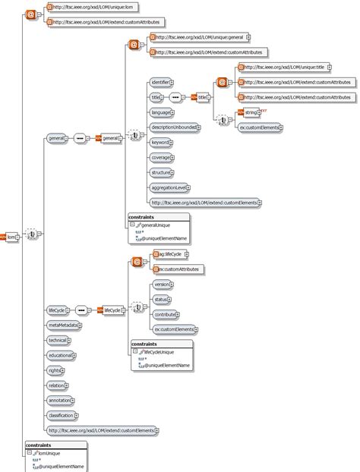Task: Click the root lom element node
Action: click(x=11, y=236)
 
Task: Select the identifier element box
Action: click(x=160, y=82)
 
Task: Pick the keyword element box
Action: click(x=160, y=142)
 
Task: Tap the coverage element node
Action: click(x=161, y=157)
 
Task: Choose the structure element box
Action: click(x=161, y=172)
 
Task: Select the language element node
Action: click(x=161, y=112)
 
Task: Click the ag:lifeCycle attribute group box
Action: click(x=168, y=255)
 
